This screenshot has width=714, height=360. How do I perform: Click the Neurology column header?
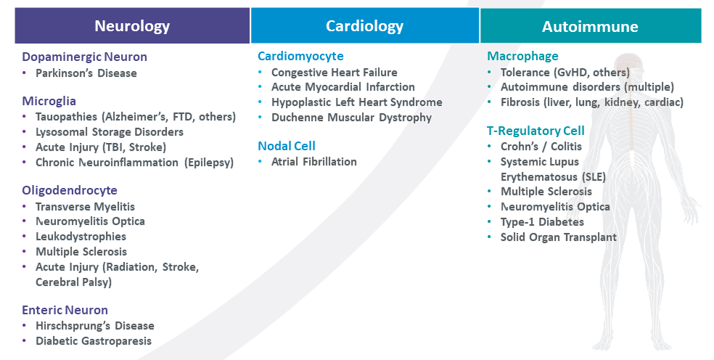coord(132,26)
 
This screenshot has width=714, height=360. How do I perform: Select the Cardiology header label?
coord(364,26)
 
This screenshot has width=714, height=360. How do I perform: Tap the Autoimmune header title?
coord(590,26)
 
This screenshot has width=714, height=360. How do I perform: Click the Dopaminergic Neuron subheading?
coord(84,57)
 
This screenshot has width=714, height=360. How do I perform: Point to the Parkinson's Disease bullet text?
coord(86,73)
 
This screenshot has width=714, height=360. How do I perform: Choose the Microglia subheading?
coord(49,101)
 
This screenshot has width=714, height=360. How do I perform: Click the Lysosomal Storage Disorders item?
coord(110,132)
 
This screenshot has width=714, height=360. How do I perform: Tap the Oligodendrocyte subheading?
coord(70,190)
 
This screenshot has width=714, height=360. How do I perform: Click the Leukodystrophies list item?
coord(81,237)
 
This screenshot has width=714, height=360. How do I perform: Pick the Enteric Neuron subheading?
coord(65,310)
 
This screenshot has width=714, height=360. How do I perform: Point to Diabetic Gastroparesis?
coord(94,341)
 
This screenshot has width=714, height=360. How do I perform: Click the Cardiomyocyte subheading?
coord(300,56)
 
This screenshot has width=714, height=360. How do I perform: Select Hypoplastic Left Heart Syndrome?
coord(356,102)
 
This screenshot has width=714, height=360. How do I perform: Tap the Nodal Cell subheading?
coord(287,146)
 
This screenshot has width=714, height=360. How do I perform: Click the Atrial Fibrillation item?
coord(313,162)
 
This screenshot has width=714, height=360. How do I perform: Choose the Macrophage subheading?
coord(522,56)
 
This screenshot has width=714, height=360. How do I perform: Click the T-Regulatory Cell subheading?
coord(535,131)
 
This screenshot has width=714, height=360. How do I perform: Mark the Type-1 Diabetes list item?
coord(542,222)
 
